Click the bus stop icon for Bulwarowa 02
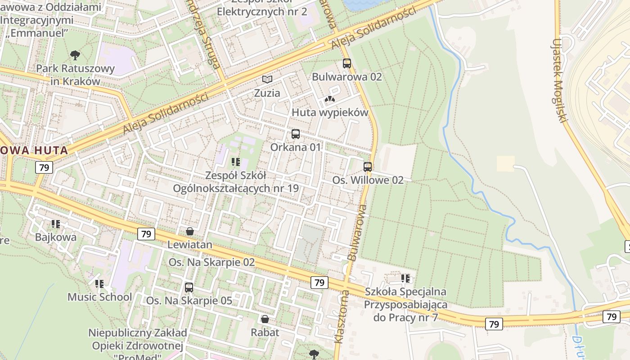click(x=346, y=63)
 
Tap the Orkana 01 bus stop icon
click(x=296, y=134)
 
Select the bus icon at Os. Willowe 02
click(x=368, y=167)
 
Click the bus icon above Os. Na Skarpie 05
click(x=189, y=287)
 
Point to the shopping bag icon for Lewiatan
click(x=190, y=231)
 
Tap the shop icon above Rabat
click(x=265, y=319)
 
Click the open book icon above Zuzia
click(x=267, y=80)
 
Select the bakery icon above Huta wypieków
click(x=330, y=99)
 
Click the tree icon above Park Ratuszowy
click(x=75, y=55)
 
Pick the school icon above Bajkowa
click(x=56, y=224)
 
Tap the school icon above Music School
click(x=99, y=284)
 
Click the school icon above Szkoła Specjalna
click(x=405, y=279)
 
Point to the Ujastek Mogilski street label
click(x=559, y=81)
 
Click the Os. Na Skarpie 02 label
click(x=211, y=262)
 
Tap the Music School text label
click(x=99, y=297)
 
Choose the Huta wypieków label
click(x=330, y=112)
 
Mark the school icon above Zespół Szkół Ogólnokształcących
click(x=235, y=162)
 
